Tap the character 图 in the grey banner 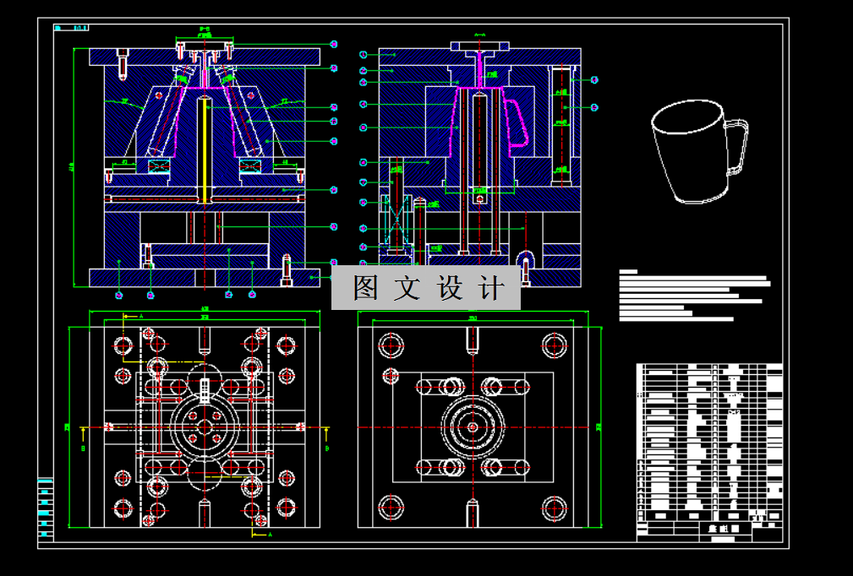pyautogui.click(x=366, y=288)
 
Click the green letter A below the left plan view pyautogui.click(x=270, y=535)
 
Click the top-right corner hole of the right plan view pyautogui.click(x=555, y=344)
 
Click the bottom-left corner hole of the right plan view pyautogui.click(x=390, y=507)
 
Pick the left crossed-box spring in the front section pyautogui.click(x=158, y=166)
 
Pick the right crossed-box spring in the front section pyautogui.click(x=251, y=166)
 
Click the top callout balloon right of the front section pyautogui.click(x=334, y=44)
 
